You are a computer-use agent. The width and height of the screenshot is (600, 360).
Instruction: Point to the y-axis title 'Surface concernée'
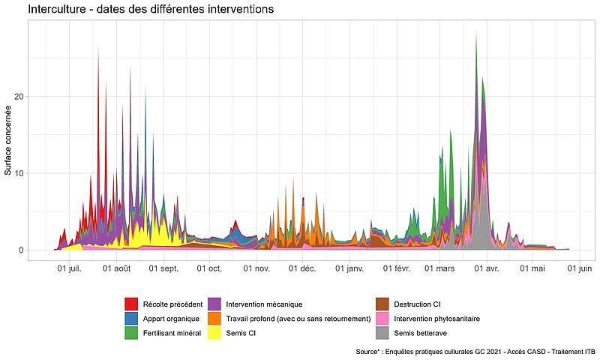[x=8, y=139]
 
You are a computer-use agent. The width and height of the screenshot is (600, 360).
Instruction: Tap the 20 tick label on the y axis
[x=20, y=97]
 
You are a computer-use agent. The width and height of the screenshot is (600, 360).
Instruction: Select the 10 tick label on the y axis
[x=20, y=173]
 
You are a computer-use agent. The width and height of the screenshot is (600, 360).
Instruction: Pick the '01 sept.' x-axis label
[x=163, y=268]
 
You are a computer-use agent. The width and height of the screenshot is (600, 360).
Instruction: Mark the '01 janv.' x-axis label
[x=349, y=268]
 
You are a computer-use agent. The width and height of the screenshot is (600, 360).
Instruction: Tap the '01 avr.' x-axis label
[x=487, y=268]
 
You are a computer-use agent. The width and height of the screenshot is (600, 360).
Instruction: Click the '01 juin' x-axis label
[x=579, y=268]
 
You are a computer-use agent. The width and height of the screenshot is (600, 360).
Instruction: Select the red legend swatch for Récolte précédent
[x=130, y=304]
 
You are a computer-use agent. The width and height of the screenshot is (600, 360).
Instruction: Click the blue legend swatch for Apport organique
[x=130, y=318]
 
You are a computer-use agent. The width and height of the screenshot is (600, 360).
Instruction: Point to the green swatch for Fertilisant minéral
[x=130, y=332]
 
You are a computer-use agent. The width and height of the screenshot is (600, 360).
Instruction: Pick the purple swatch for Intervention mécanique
[x=214, y=304]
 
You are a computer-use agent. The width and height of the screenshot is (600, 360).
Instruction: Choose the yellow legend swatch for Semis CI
[x=214, y=332]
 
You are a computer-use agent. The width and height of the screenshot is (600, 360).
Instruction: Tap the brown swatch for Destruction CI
[x=382, y=304]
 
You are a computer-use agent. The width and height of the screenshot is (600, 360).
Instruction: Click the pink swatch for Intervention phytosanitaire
[x=382, y=318]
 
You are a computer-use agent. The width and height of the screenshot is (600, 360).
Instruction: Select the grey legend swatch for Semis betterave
[x=382, y=332]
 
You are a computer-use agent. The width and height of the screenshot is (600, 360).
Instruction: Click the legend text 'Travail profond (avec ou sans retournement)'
[x=298, y=319]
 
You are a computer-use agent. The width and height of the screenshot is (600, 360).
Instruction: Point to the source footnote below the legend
[x=476, y=351]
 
